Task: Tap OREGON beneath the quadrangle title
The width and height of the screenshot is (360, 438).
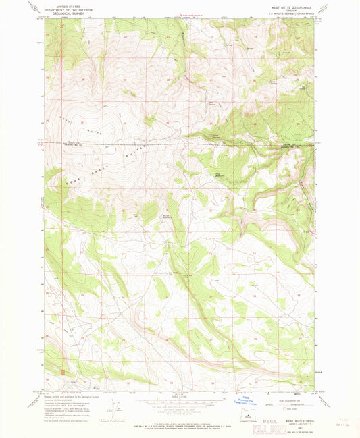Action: point(292,9)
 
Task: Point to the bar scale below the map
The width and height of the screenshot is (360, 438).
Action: point(180,400)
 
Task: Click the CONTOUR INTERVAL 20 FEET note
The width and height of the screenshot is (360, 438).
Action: point(180,406)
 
